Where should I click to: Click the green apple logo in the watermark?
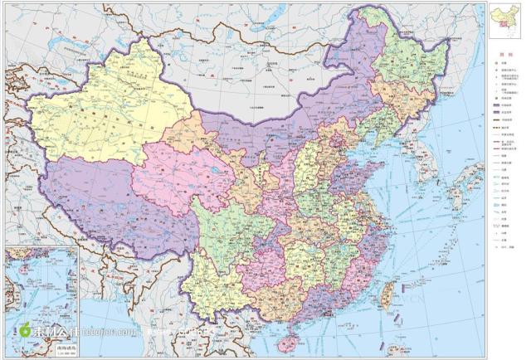(25, 331)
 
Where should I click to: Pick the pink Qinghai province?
(178, 174)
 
